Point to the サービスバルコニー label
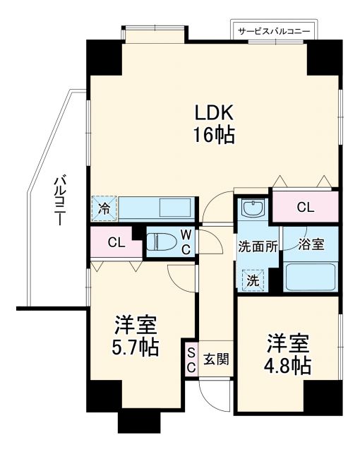pyautogui.click(x=275, y=30)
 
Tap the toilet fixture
pyautogui.click(x=161, y=242)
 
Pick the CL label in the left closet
pyautogui.click(x=116, y=243)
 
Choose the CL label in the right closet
pyautogui.click(x=305, y=208)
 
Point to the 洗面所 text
pyautogui.click(x=257, y=246)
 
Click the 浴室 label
pyautogui.click(x=311, y=244)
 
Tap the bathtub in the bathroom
pyautogui.click(x=310, y=278)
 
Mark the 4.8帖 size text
pyautogui.click(x=288, y=366)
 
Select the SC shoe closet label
pyautogui.click(x=191, y=358)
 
